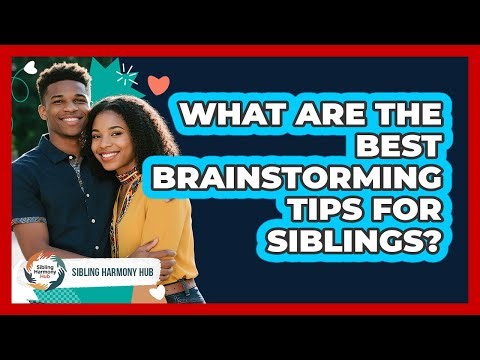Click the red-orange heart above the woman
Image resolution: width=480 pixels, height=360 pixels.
click(x=157, y=85)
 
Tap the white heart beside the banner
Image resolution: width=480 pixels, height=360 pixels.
click(x=158, y=292)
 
